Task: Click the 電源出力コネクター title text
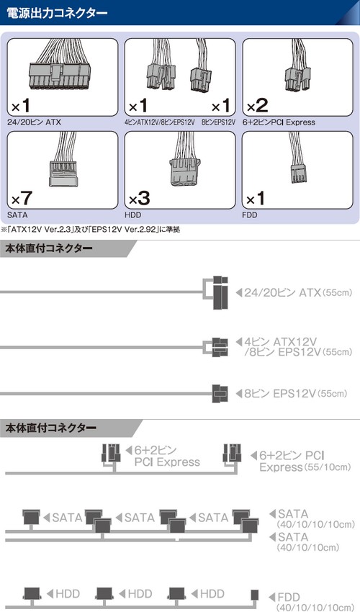(x=57, y=13)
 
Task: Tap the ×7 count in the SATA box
(x=22, y=198)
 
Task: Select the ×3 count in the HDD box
(x=140, y=198)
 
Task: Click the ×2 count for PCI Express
(x=257, y=105)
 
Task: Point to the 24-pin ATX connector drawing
(x=60, y=74)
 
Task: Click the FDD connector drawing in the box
(x=297, y=173)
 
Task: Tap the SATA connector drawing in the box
(x=63, y=173)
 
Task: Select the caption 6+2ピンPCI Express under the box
(x=279, y=122)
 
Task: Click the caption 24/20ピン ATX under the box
(x=34, y=122)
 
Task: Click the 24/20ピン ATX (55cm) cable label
(x=298, y=292)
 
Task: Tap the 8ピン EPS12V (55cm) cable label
(x=296, y=393)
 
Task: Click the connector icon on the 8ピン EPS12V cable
(x=220, y=393)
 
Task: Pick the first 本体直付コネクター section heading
(x=49, y=248)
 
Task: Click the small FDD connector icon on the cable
(x=255, y=595)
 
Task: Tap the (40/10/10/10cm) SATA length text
(x=316, y=524)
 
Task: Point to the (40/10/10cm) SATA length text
(x=308, y=548)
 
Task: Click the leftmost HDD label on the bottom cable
(x=68, y=594)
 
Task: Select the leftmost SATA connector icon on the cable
(x=31, y=517)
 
